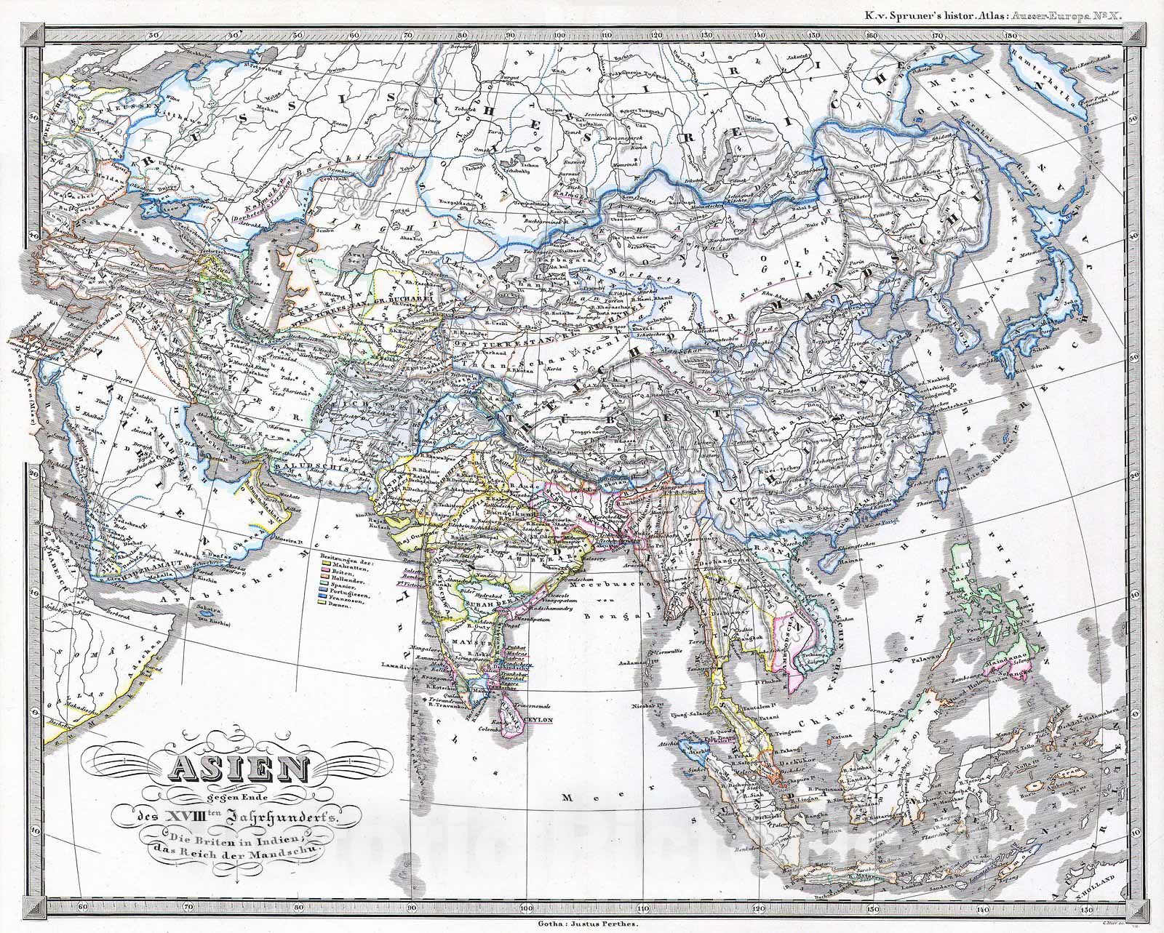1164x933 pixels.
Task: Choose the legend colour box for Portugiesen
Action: coord(323,596)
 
